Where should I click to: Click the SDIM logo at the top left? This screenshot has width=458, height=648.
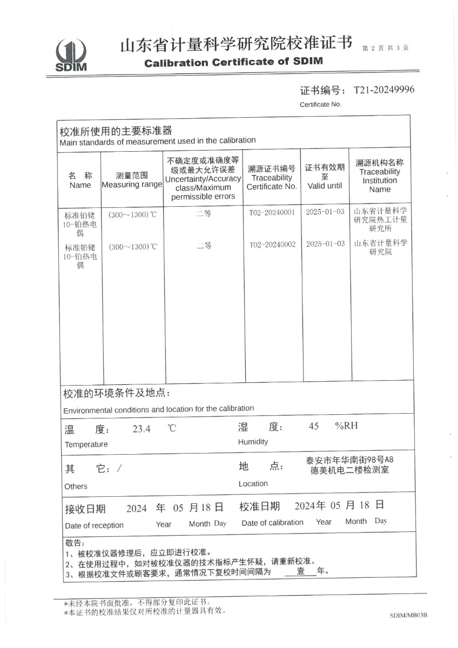click(71, 55)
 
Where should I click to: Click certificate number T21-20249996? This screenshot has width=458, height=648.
click(384, 90)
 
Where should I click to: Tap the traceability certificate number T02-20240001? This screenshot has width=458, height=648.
click(272, 212)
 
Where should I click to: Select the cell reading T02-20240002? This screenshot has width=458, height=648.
click(272, 245)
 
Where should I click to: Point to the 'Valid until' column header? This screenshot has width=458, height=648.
click(325, 185)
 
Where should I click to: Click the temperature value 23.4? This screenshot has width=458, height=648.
click(142, 429)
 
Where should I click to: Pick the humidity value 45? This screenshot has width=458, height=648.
click(313, 426)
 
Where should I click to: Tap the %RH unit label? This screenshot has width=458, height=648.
click(346, 426)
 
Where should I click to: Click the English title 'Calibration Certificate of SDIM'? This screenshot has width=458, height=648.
click(233, 62)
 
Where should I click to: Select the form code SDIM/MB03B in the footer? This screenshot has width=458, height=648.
click(408, 615)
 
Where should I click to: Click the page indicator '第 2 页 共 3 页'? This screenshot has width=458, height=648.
click(385, 48)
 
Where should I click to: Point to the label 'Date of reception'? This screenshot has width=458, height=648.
click(94, 525)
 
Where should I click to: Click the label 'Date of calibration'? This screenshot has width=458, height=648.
click(272, 522)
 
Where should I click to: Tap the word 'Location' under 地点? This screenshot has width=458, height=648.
click(253, 483)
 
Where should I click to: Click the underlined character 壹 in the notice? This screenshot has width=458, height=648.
click(300, 571)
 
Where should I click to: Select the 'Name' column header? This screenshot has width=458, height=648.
click(80, 185)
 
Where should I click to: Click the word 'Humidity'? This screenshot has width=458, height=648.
click(253, 442)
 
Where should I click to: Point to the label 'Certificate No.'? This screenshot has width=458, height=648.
click(321, 104)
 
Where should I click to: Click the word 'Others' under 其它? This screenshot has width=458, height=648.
click(76, 486)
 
